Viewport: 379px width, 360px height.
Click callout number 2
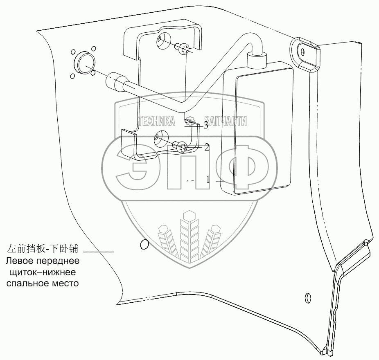coord(207,147)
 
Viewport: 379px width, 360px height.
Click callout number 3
coord(206,125)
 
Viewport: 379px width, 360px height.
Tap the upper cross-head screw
coord(184,49)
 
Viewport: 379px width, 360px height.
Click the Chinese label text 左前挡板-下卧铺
coord(42,249)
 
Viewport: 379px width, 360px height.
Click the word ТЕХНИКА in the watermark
coord(157,121)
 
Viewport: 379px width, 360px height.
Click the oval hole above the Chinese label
coord(144,245)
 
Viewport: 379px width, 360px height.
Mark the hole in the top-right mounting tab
coord(302,51)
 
